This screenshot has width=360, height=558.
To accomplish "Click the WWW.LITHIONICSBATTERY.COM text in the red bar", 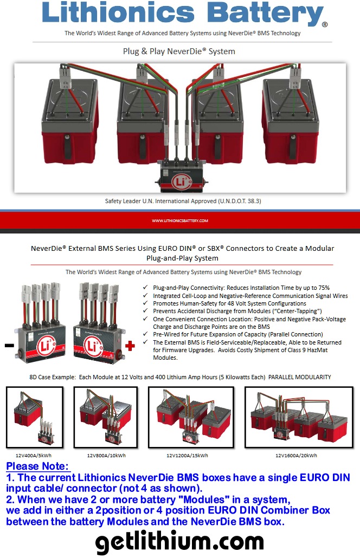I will pos(179,220).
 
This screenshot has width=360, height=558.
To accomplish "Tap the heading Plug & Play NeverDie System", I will pos(179,51).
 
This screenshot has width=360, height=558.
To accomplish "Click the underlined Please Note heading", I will pos(37,466).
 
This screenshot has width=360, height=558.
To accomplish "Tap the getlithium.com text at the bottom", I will pos(179,541).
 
